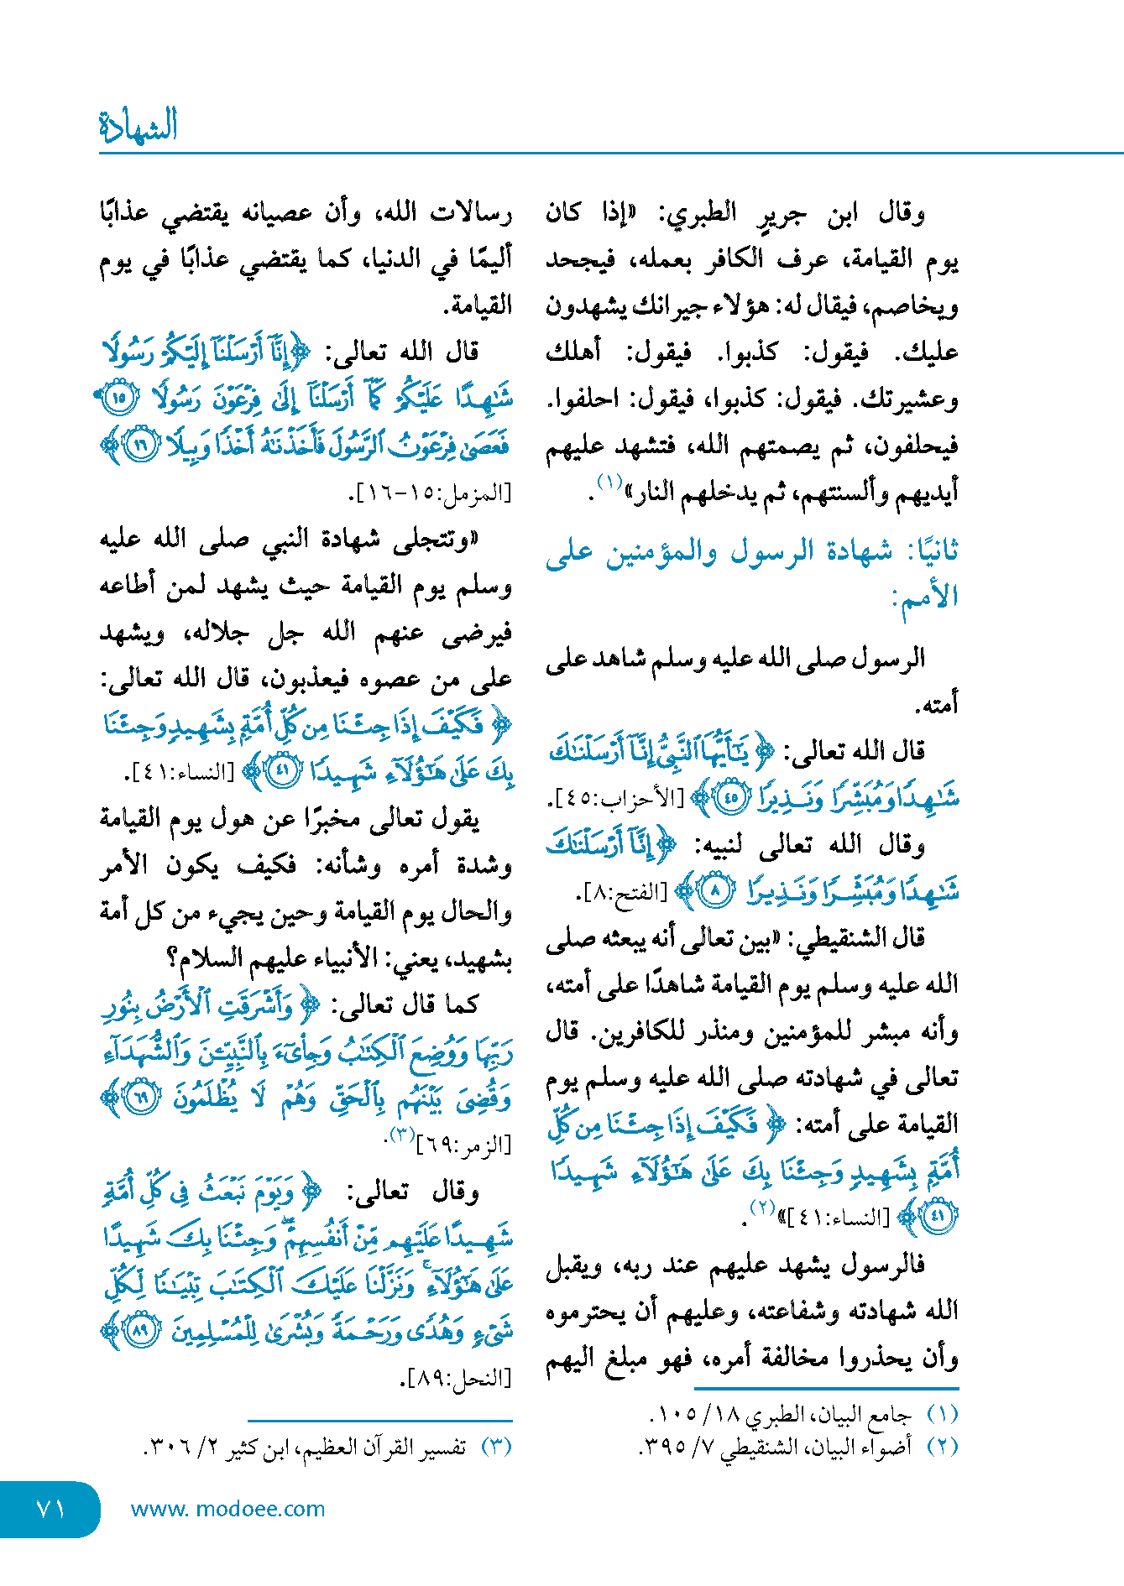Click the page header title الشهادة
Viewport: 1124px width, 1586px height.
(139, 126)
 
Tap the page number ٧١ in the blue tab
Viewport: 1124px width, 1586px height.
(51, 1509)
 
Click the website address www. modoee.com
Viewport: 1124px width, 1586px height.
(227, 1509)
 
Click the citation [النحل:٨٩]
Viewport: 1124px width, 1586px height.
(458, 1377)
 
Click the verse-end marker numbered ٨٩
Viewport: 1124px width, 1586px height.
(139, 1331)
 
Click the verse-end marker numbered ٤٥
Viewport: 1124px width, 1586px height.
(730, 797)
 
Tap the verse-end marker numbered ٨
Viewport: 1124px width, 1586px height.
(715, 892)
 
